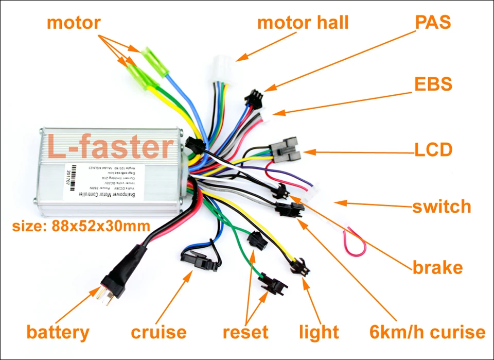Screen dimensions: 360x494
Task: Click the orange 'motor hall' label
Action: (303, 23)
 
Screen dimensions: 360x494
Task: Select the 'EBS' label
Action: (433, 84)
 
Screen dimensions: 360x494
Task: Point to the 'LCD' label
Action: (433, 150)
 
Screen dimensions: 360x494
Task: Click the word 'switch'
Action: (442, 207)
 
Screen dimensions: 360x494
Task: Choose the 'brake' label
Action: (437, 268)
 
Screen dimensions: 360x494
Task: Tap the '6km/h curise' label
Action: (427, 332)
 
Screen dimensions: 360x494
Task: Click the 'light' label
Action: (319, 332)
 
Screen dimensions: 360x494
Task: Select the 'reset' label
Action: (245, 332)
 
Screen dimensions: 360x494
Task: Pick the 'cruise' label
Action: (158, 332)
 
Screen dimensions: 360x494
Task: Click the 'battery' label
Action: (58, 332)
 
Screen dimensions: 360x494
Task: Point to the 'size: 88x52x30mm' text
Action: (81, 226)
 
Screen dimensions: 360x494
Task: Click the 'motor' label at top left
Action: (74, 23)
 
